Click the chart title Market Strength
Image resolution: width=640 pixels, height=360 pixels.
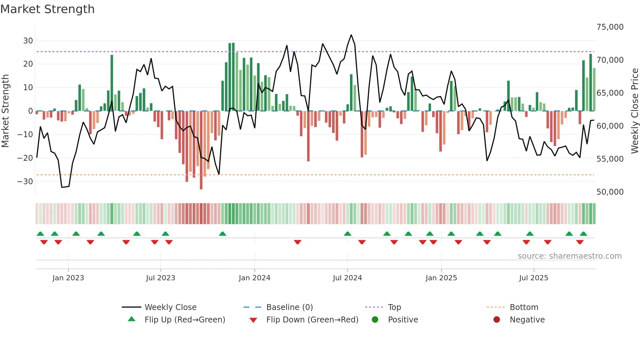pos(48,9)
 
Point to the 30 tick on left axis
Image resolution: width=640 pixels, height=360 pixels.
pos(28,41)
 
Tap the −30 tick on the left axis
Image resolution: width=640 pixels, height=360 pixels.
pos(25,182)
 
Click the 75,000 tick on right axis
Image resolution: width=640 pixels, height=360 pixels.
pos(610,27)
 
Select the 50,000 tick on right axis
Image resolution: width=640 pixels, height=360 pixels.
pos(610,192)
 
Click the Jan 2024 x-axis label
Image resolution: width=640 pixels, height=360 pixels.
pos(254,278)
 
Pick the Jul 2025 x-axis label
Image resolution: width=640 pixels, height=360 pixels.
pos(534,278)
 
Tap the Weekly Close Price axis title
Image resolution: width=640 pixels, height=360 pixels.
pos(634,111)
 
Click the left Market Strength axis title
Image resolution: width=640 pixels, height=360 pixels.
pos(6,111)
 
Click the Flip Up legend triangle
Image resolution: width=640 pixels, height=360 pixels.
pos(132,319)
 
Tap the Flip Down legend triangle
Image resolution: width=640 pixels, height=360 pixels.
pos(253,320)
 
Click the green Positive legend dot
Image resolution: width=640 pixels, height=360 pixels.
pos(375,320)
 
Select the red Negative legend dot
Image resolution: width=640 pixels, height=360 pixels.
pos(497,320)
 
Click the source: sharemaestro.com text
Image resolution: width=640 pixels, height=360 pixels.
pos(569,256)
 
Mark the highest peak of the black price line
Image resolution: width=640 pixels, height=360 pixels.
pos(351,35)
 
